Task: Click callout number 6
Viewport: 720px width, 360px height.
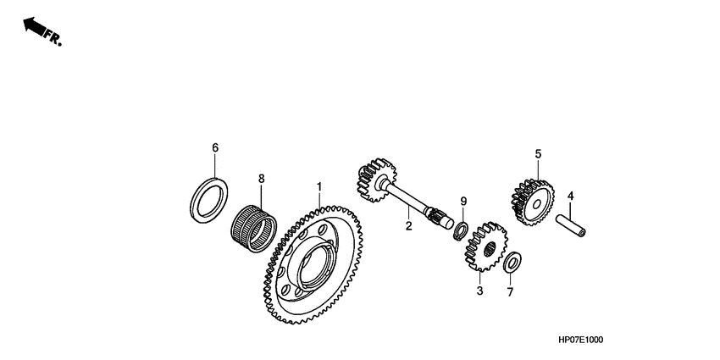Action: (x=215, y=147)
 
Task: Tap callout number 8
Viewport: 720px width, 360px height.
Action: (x=262, y=179)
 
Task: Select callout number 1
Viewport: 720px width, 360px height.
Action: (x=319, y=186)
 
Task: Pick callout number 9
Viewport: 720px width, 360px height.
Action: (x=463, y=201)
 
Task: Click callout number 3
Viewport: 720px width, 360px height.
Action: (x=479, y=291)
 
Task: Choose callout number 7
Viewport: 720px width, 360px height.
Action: (x=510, y=292)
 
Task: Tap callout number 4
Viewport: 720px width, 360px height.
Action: (x=570, y=196)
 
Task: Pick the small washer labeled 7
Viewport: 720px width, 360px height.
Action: (x=512, y=263)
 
